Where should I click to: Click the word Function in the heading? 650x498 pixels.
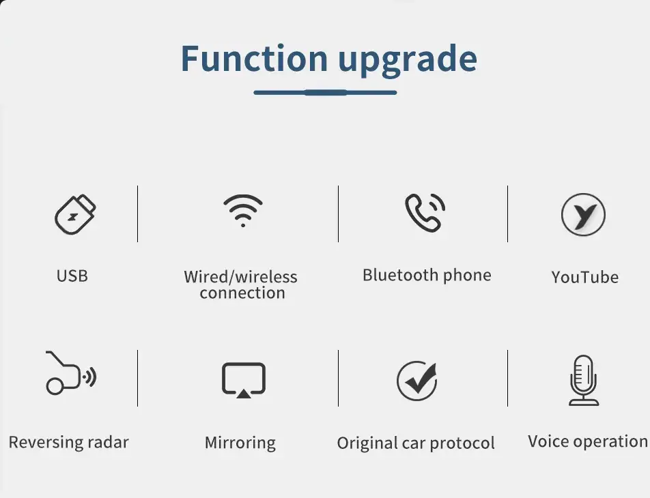(x=254, y=59)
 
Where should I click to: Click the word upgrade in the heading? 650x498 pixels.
(x=408, y=61)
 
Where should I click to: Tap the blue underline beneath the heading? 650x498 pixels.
(x=325, y=92)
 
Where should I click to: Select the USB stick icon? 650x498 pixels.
(x=75, y=214)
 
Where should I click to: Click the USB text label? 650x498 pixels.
(x=72, y=276)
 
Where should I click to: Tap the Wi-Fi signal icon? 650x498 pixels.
(x=243, y=211)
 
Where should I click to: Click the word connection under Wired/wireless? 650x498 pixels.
(x=242, y=293)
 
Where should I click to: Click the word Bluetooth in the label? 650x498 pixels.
(x=400, y=275)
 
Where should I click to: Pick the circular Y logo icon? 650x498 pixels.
(x=583, y=215)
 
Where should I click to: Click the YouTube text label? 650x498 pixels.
(x=585, y=277)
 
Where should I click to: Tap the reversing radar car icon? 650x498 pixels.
(x=71, y=373)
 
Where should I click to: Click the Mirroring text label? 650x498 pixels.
(x=240, y=443)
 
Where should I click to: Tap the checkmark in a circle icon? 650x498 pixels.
(x=417, y=381)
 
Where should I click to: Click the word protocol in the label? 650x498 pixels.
(x=462, y=443)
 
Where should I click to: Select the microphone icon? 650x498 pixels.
(x=583, y=380)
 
